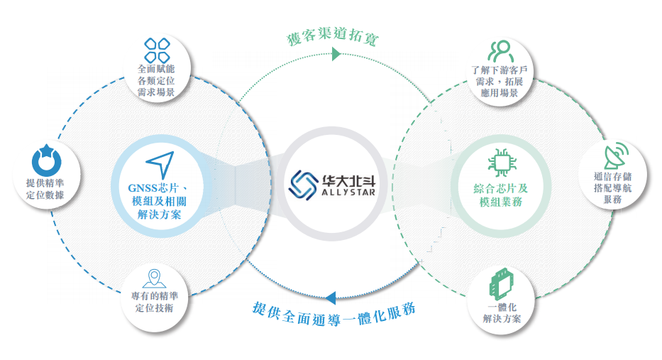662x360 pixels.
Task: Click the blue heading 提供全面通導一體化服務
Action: click(x=333, y=310)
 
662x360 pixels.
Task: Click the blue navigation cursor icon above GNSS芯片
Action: click(x=160, y=165)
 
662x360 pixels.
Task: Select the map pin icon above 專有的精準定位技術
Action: click(x=152, y=278)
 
